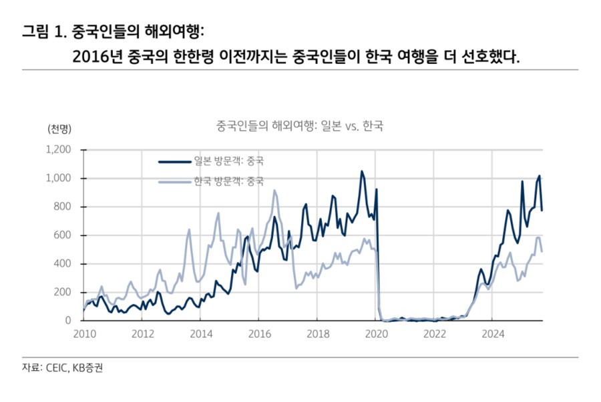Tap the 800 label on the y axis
pos(65,207)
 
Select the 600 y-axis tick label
pos(65,235)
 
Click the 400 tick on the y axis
pos(65,264)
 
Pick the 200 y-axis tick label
pos(65,293)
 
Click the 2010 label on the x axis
pos(83,333)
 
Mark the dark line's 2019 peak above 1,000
pos(362,171)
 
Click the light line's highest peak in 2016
pos(274,191)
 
